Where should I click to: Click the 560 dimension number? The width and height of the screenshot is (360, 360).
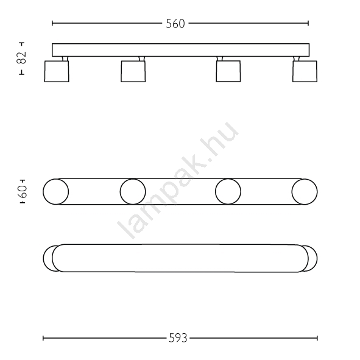tap(175, 24)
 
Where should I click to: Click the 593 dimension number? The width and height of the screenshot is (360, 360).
tap(178, 338)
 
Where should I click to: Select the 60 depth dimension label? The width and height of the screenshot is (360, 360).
tap(23, 191)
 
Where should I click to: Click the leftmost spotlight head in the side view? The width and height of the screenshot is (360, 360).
tap(57, 71)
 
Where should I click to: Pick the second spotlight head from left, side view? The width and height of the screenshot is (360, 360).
tap(133, 71)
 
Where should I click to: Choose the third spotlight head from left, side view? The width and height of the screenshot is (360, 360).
tap(228, 71)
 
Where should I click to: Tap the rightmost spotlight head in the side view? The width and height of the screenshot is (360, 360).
tap(305, 71)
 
